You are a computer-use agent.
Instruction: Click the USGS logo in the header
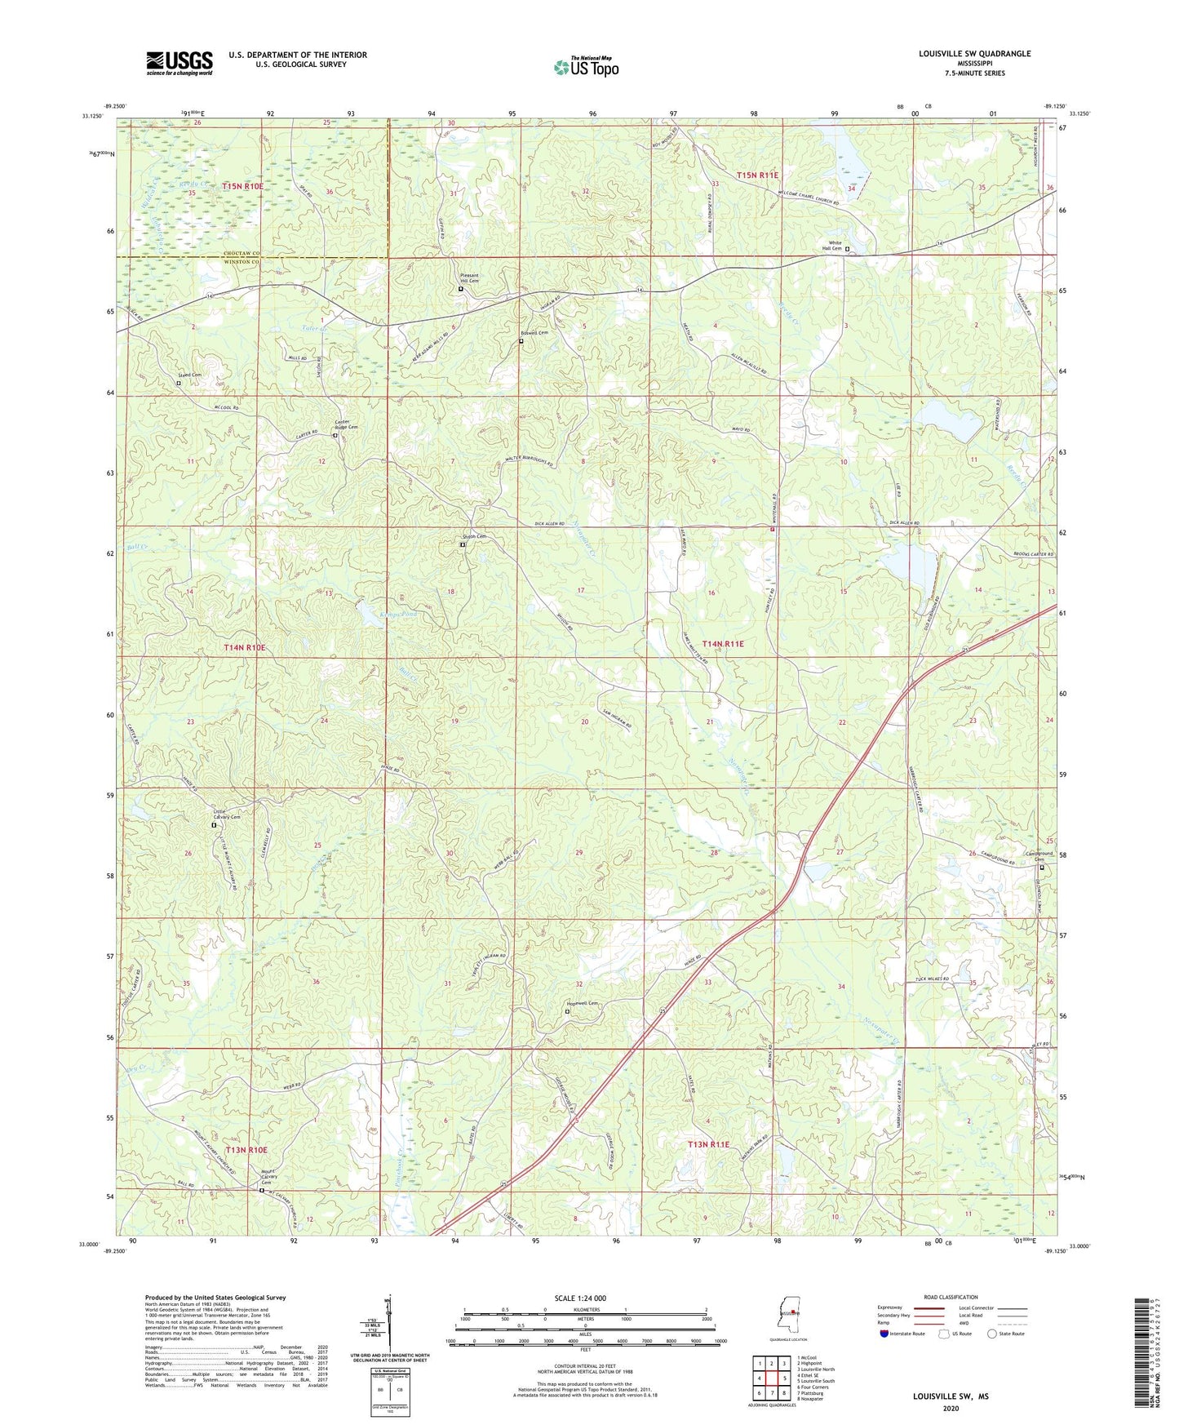point(179,63)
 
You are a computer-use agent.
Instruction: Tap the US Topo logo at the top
point(586,67)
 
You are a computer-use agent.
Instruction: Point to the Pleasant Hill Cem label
point(468,278)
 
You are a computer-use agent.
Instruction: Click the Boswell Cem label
point(534,333)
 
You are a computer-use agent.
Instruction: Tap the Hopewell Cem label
point(582,1004)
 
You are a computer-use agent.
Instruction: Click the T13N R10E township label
point(246,1150)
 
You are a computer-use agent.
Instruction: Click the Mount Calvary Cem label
point(269,1179)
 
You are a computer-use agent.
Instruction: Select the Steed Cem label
point(190,375)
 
